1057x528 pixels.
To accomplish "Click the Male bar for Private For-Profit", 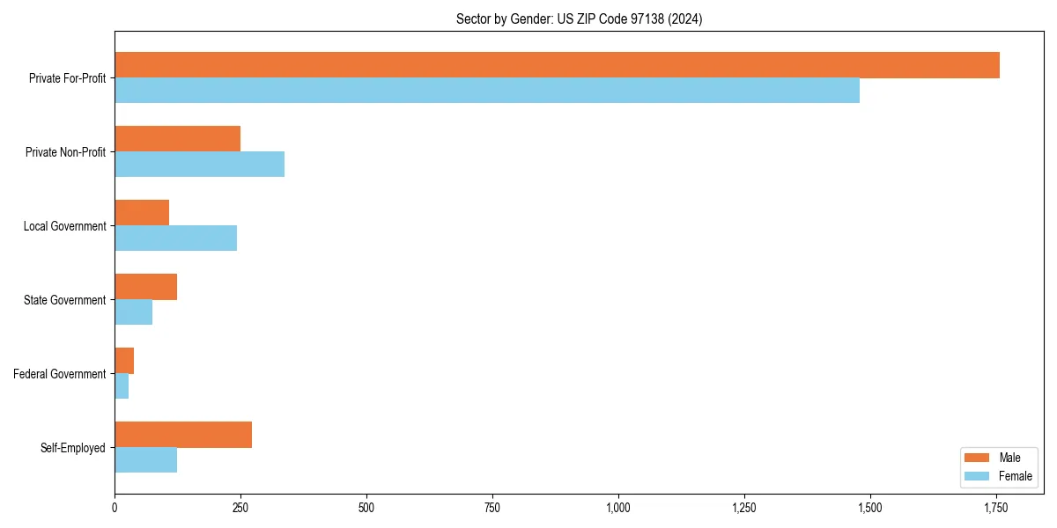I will click(557, 65).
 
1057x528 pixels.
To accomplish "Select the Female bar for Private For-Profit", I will click(487, 91).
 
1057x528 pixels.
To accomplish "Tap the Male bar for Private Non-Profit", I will click(177, 139).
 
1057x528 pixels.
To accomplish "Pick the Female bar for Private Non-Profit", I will click(199, 165).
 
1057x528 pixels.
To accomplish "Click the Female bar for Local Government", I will click(175, 238).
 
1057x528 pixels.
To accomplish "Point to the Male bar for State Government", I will click(145, 287).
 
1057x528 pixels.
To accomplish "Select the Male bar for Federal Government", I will click(124, 361).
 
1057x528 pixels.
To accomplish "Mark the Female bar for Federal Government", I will click(122, 386).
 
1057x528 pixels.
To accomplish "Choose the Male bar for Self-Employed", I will click(183, 435).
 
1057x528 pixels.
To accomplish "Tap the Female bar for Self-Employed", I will click(145, 460).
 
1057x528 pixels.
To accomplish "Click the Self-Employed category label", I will click(73, 448).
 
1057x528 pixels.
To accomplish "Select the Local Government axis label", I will click(64, 226).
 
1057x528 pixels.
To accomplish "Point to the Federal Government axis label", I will click(60, 374).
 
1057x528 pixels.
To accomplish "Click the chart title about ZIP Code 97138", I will click(579, 18).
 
